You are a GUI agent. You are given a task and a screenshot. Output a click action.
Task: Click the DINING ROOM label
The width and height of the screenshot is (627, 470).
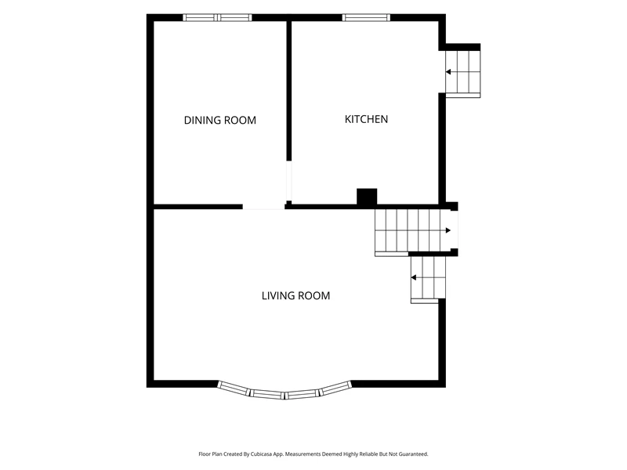[220, 121]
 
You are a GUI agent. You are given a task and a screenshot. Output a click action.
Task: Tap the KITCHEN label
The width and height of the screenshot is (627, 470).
[366, 119]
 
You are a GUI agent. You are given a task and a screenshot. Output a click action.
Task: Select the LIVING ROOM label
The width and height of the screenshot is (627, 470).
[296, 296]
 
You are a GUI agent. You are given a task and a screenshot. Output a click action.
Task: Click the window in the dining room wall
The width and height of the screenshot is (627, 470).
[218, 17]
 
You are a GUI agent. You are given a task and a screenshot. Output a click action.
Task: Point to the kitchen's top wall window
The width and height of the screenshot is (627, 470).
[366, 17]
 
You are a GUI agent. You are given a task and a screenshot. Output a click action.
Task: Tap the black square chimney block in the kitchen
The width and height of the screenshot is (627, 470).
[367, 197]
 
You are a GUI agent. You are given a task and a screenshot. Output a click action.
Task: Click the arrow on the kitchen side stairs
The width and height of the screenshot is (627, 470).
[448, 72]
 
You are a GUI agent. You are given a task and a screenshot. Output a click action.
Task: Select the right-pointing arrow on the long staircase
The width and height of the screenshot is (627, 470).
[448, 230]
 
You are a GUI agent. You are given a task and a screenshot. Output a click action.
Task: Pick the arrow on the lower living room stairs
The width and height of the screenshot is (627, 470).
[414, 278]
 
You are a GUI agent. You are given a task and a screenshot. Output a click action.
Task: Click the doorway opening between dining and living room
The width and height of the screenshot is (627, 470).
[264, 207]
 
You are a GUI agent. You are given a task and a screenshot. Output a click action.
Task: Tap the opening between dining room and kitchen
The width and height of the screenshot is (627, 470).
[288, 181]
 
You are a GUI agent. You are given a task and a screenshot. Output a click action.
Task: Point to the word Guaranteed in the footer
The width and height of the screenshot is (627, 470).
[415, 454]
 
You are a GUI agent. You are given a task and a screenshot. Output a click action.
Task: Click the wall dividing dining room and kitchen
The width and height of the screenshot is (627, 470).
[288, 91]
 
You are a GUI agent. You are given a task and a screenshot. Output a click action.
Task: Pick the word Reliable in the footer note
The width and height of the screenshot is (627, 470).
[369, 454]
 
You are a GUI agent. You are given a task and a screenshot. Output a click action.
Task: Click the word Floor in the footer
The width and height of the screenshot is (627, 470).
[205, 454]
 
